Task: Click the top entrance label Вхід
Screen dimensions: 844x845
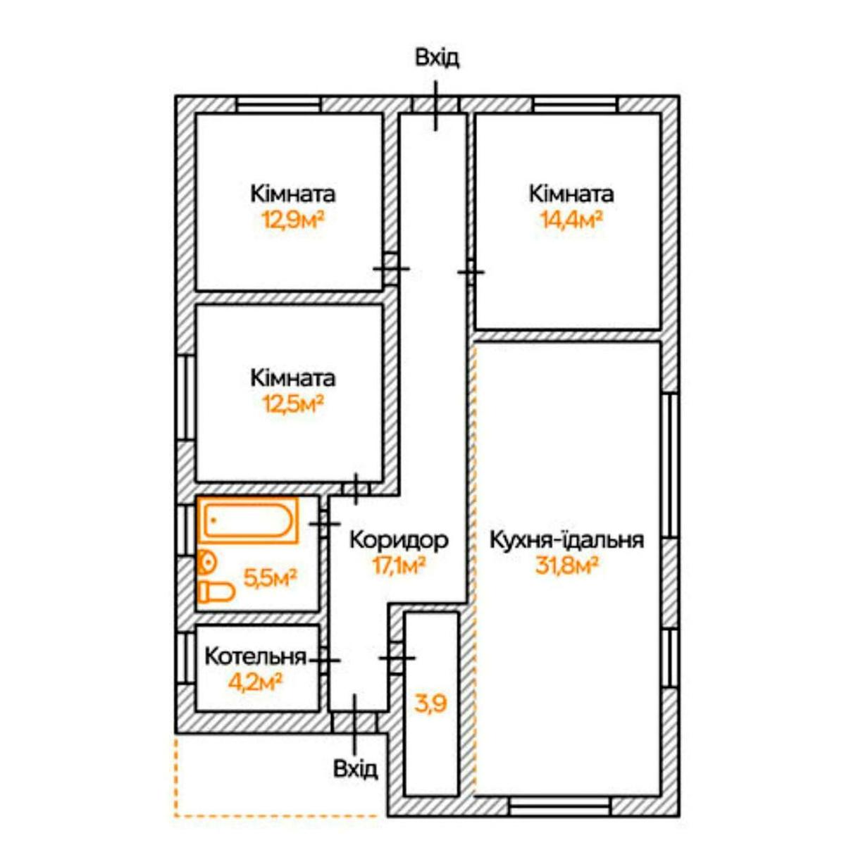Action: point(437,58)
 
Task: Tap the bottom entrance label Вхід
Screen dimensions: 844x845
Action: point(355,769)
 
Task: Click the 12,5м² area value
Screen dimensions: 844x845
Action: point(293,403)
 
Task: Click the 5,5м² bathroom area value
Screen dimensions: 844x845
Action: point(270,578)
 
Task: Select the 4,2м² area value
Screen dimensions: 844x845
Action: point(254,682)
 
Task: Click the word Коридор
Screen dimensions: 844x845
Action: point(399,540)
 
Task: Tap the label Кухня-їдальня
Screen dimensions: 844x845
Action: point(566,539)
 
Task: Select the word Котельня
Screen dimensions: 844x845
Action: point(256,657)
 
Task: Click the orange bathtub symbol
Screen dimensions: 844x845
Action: point(248,520)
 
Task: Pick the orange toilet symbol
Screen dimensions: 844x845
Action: point(217,591)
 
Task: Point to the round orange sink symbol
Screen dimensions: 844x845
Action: point(206,562)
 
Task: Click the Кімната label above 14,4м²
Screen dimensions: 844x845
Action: point(571,194)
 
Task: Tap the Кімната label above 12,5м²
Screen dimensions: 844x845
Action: point(293,378)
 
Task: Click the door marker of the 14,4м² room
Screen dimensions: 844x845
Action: point(471,273)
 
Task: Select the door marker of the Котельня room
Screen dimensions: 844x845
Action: point(325,660)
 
